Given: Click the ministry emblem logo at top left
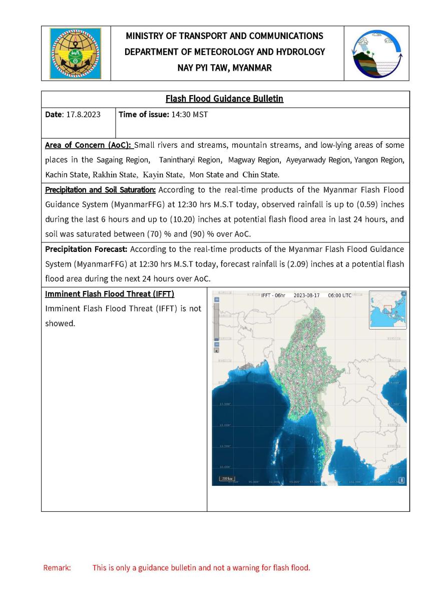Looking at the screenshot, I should [x=75, y=53].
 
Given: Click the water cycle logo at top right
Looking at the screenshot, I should [x=376, y=53].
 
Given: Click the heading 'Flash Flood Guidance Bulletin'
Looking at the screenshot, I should [x=225, y=99].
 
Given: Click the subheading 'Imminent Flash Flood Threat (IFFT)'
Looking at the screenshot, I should [x=110, y=293].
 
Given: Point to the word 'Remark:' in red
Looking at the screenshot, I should [x=57, y=568].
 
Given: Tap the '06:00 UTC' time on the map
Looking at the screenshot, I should [x=339, y=295].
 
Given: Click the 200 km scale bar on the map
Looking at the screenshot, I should [x=227, y=479].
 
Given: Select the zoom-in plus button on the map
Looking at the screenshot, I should [x=217, y=299].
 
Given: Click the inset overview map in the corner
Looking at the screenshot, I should [x=387, y=310].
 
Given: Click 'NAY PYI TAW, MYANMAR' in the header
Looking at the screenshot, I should [x=225, y=68].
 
